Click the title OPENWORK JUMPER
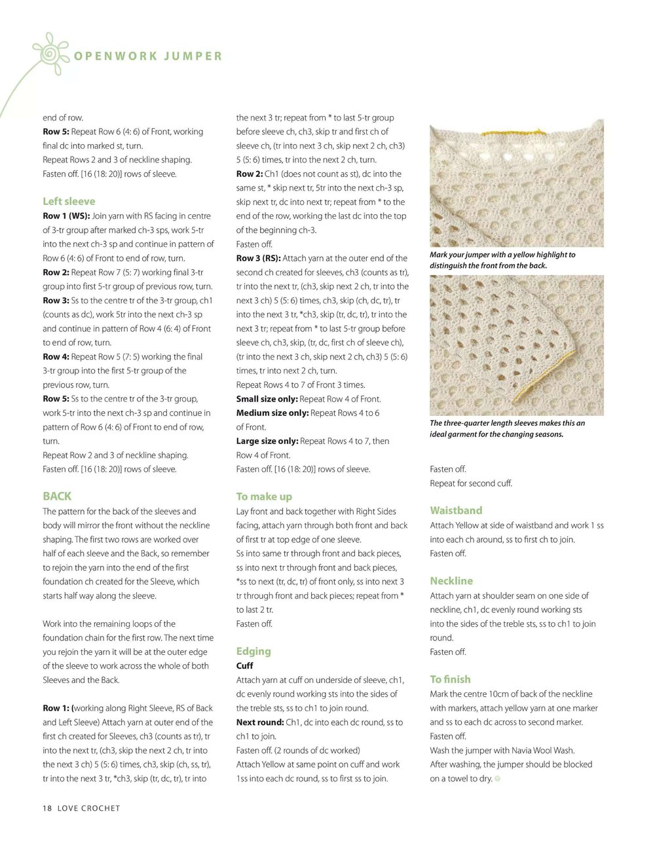pyautogui.click(x=148, y=56)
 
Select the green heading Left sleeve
pyautogui.click(x=69, y=201)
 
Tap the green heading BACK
pyautogui.click(x=57, y=496)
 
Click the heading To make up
pyautogui.click(x=264, y=496)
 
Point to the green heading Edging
pyautogui.click(x=253, y=651)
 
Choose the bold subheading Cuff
pyautogui.click(x=244, y=665)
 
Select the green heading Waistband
pyautogui.click(x=456, y=510)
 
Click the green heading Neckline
pyautogui.click(x=451, y=581)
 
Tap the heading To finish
pyautogui.click(x=450, y=679)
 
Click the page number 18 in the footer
pyautogui.click(x=47, y=808)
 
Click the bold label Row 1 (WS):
pyautogui.click(x=66, y=215)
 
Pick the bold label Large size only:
pyautogui.click(x=267, y=441)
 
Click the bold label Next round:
pyautogui.click(x=260, y=722)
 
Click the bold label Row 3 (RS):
pyautogui.click(x=258, y=258)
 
